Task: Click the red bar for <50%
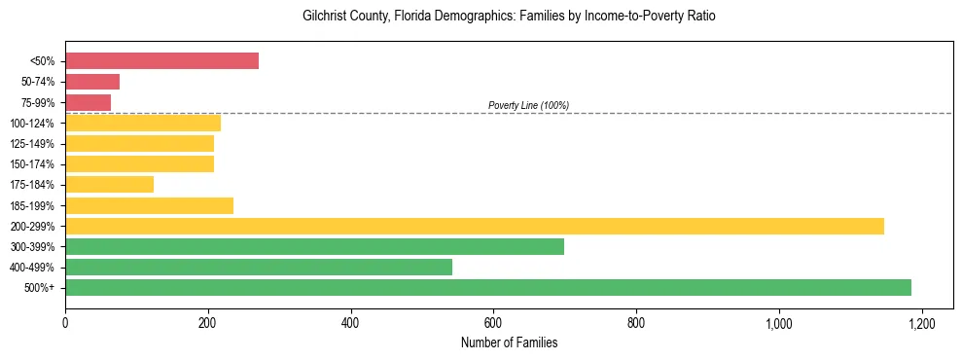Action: point(162,61)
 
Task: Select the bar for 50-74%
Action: point(92,82)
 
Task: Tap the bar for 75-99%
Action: point(89,102)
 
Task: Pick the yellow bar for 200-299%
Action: point(475,226)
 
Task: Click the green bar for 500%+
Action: point(488,287)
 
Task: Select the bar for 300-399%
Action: point(314,246)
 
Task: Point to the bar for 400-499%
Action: point(259,267)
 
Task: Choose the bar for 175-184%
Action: point(110,184)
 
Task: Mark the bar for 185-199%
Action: point(150,205)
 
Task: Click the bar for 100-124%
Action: point(143,123)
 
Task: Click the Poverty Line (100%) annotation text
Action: point(528,105)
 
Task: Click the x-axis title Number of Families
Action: point(509,342)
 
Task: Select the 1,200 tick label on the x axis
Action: point(921,322)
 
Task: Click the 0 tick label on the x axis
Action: point(65,322)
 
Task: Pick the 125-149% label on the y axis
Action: point(32,144)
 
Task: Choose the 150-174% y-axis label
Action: point(32,164)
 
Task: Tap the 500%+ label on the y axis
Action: point(39,288)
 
